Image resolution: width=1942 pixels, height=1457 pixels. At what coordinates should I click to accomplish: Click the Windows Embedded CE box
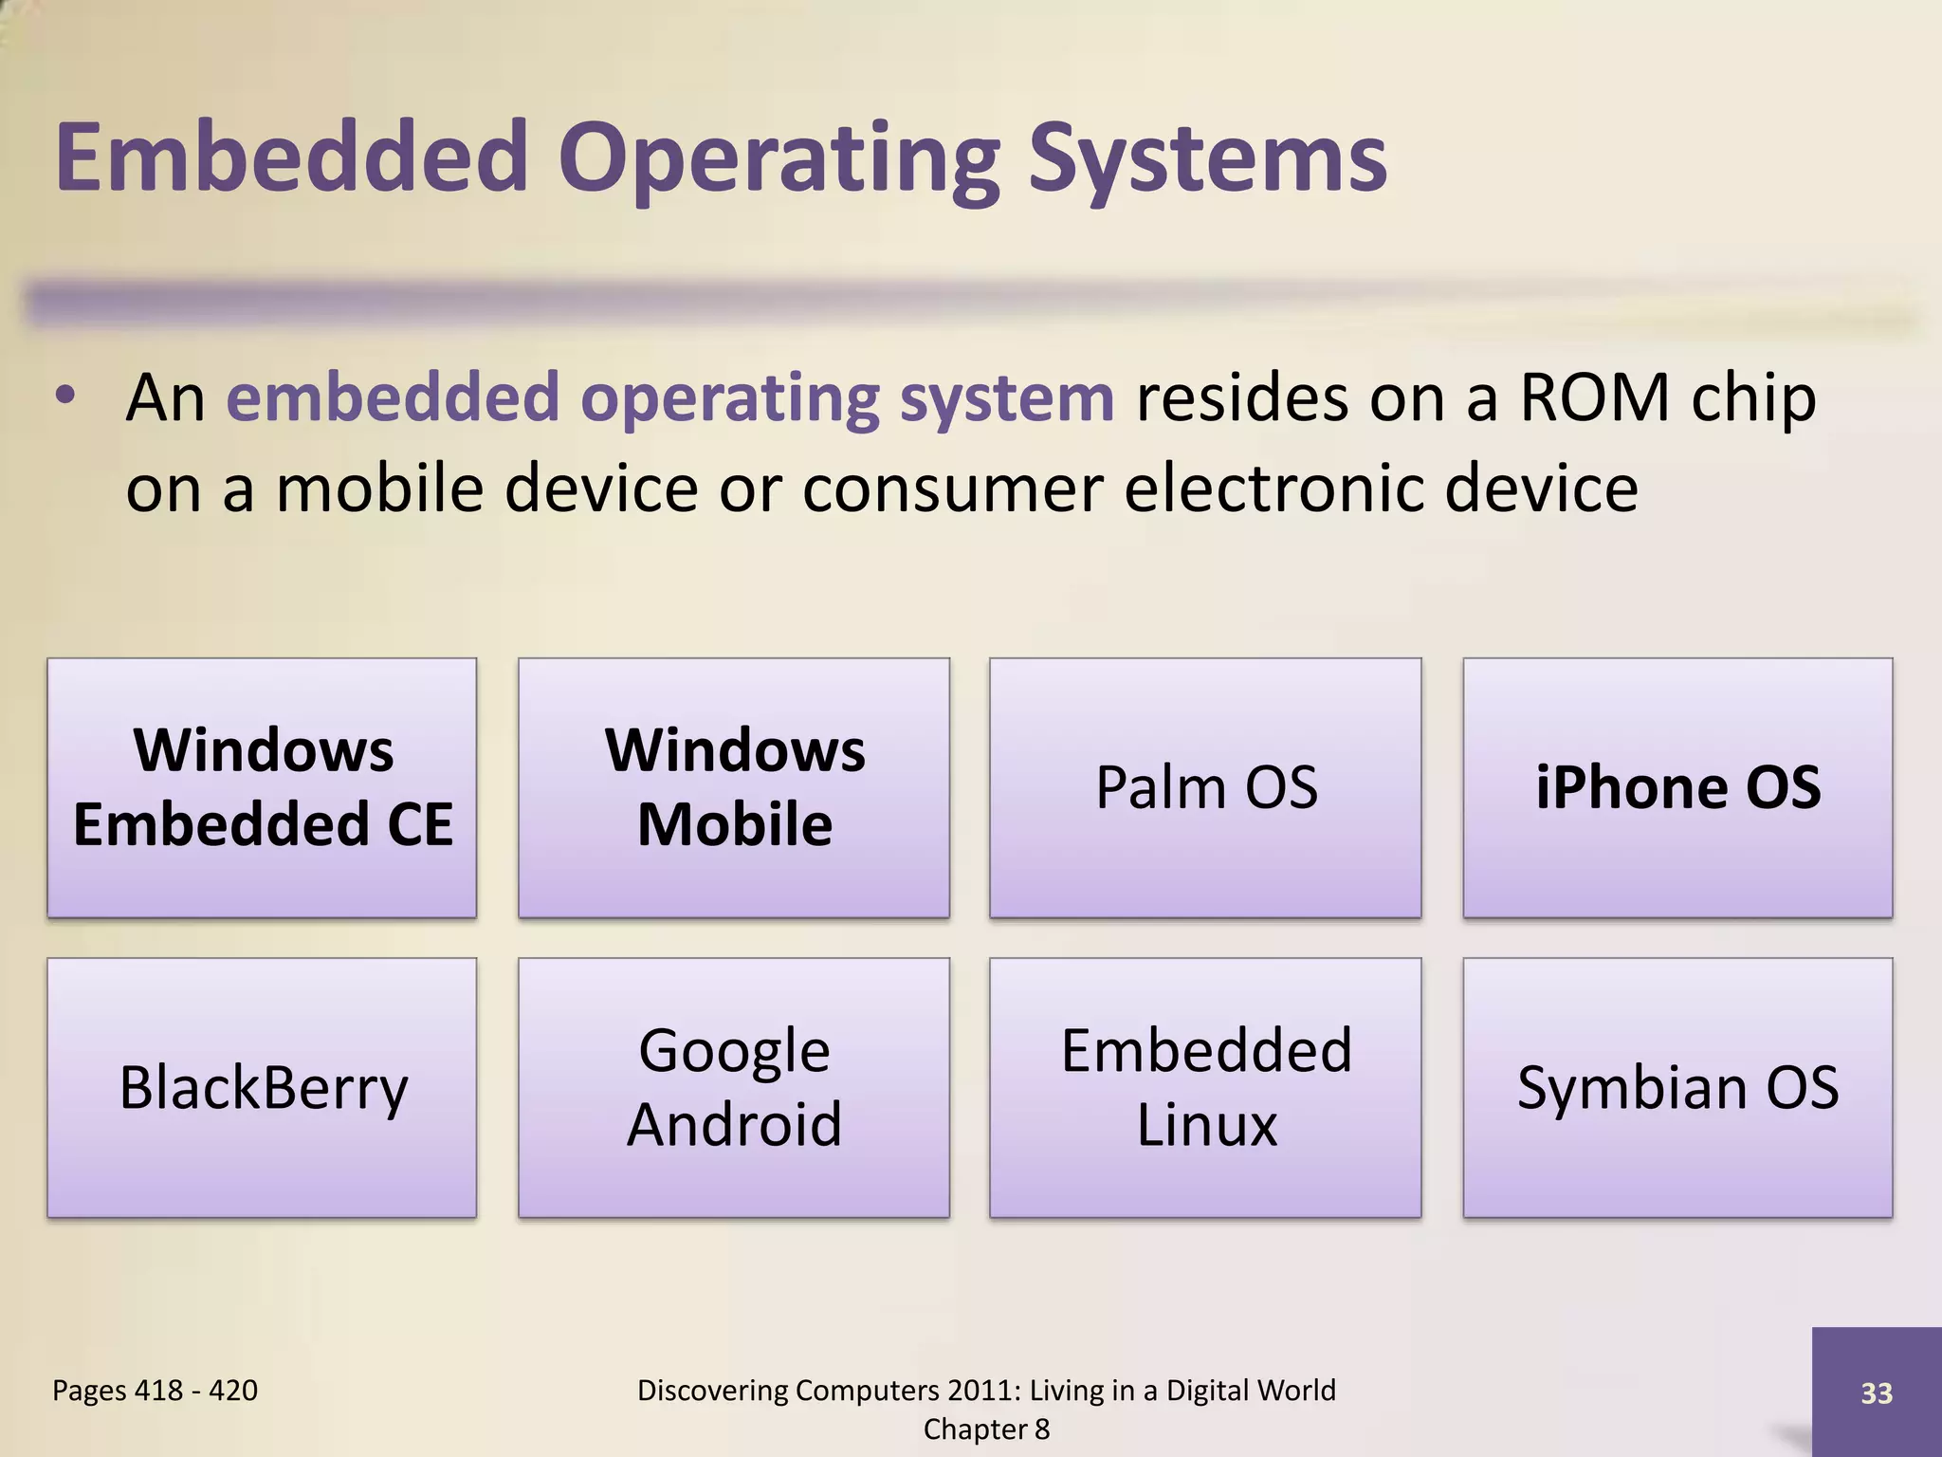(x=262, y=787)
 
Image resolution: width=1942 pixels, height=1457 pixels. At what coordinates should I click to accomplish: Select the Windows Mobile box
(x=734, y=787)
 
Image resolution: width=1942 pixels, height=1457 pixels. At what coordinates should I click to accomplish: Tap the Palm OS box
(x=1205, y=787)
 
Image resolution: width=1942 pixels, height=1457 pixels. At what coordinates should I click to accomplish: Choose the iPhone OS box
(x=1677, y=787)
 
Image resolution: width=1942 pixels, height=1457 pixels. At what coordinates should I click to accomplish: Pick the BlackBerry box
(x=262, y=1087)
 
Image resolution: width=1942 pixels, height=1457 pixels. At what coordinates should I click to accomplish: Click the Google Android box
(x=734, y=1087)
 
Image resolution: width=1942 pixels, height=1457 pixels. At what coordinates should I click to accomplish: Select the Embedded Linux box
(x=1205, y=1087)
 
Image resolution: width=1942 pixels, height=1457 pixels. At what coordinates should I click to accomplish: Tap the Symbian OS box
(x=1677, y=1087)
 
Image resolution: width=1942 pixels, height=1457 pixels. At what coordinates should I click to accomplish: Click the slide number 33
(x=1877, y=1393)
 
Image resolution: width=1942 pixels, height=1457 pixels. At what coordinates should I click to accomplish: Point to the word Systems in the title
(x=1207, y=159)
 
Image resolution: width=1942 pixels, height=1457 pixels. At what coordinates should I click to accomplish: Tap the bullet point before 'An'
(x=64, y=397)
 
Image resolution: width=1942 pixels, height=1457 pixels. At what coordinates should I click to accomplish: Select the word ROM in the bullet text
(x=1594, y=397)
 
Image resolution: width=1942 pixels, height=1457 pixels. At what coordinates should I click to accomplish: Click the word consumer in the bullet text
(x=951, y=489)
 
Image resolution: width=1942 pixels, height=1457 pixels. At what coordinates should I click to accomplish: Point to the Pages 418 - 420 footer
(x=155, y=1391)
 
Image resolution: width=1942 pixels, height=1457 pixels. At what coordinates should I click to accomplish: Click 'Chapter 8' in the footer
(x=986, y=1429)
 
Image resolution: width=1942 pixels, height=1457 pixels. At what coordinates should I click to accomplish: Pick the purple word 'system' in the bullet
(x=1007, y=399)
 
